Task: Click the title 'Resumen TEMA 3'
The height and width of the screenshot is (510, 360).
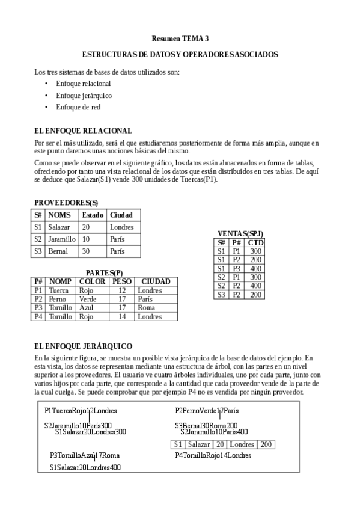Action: pyautogui.click(x=180, y=38)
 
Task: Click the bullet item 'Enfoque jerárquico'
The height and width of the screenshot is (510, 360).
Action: pyautogui.click(x=84, y=95)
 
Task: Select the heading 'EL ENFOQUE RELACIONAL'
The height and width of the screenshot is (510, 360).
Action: pyautogui.click(x=83, y=130)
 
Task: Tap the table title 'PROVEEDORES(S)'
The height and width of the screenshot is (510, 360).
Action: pyautogui.click(x=66, y=202)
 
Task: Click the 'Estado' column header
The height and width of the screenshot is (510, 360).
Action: pyautogui.click(x=93, y=215)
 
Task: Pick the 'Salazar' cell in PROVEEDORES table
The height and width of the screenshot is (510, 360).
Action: pyautogui.click(x=59, y=227)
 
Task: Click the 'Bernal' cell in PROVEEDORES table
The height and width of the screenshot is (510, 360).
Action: pyautogui.click(x=58, y=251)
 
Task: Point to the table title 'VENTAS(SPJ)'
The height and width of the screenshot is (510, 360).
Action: pyautogui.click(x=240, y=233)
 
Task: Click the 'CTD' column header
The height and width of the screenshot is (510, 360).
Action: pyautogui.click(x=256, y=242)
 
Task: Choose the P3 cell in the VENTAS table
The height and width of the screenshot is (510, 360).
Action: pyautogui.click(x=236, y=269)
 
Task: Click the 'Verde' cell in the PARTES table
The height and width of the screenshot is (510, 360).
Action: pyautogui.click(x=88, y=299)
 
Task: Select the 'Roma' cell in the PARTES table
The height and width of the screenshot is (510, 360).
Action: pyautogui.click(x=147, y=307)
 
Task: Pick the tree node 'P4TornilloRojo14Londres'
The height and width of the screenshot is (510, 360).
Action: pyautogui.click(x=213, y=456)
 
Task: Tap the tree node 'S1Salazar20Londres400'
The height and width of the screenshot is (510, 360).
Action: pyautogui.click(x=85, y=467)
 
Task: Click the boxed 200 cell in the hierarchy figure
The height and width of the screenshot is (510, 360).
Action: pyautogui.click(x=266, y=444)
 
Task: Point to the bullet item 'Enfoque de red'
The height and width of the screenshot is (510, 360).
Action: pyautogui.click(x=78, y=107)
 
